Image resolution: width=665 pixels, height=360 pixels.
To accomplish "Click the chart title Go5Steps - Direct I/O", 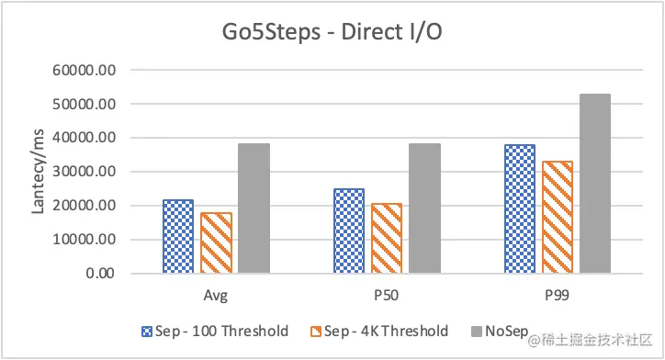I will click(332, 33).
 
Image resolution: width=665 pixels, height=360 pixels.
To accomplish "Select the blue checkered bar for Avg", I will click(178, 236).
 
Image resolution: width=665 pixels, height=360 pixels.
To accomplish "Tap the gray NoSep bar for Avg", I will click(254, 208).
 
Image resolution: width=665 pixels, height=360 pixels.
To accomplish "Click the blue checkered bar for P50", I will click(349, 231).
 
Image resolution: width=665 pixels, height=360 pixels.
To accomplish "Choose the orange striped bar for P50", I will click(387, 238).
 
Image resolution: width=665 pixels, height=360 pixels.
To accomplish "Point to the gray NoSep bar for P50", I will click(424, 208).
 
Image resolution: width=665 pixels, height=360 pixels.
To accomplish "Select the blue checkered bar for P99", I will click(520, 208).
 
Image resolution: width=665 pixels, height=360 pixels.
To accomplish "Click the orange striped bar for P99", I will click(558, 217).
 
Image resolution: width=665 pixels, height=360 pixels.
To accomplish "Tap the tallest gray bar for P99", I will click(595, 184).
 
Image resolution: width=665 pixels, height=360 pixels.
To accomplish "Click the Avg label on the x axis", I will click(216, 296).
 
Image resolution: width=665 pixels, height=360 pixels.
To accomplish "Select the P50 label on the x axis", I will click(387, 296).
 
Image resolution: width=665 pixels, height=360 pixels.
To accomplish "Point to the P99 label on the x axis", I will click(558, 296).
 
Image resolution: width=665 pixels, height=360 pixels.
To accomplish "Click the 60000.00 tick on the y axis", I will click(89, 70).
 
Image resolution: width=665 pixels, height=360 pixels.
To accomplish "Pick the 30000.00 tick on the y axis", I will click(89, 172).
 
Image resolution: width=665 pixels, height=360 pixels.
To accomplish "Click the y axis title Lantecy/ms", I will click(39, 172).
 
